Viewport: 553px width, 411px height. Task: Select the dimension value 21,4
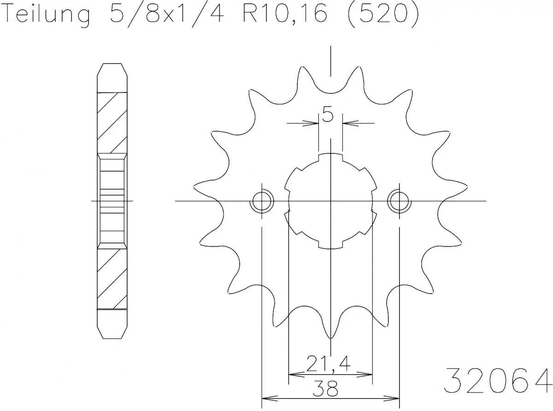pyautogui.click(x=328, y=365)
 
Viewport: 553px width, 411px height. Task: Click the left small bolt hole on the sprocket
pyautogui.click(x=262, y=201)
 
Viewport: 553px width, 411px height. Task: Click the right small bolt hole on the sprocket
pyautogui.click(x=399, y=201)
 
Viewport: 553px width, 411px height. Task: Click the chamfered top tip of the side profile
pyautogui.click(x=112, y=69)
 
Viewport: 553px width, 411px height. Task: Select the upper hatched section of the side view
pyautogui.click(x=112, y=122)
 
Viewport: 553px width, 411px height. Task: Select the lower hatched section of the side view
pyautogui.click(x=112, y=278)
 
